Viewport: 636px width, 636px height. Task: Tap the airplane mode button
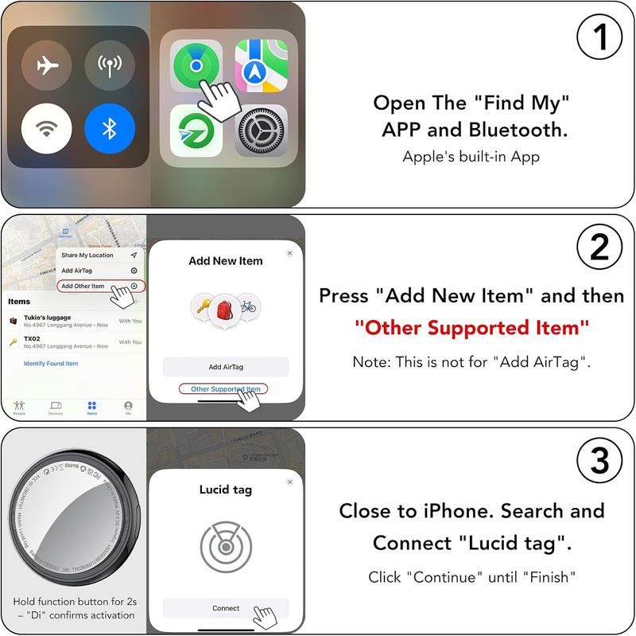click(47, 65)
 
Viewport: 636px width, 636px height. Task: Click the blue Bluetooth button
click(110, 129)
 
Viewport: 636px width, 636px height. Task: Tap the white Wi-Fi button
click(47, 129)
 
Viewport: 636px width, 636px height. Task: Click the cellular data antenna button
click(110, 65)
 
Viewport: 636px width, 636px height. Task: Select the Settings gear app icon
click(261, 131)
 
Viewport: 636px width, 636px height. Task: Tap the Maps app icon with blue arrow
click(261, 66)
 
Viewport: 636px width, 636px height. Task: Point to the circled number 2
click(598, 251)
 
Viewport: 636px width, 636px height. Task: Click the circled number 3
click(598, 462)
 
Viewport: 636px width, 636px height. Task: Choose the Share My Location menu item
click(87, 256)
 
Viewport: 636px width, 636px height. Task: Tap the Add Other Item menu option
click(83, 286)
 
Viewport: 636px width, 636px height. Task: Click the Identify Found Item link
click(51, 364)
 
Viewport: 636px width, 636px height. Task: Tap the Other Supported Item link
click(225, 389)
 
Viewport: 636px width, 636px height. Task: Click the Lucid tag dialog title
click(225, 490)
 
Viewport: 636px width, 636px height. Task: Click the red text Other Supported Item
click(472, 327)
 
